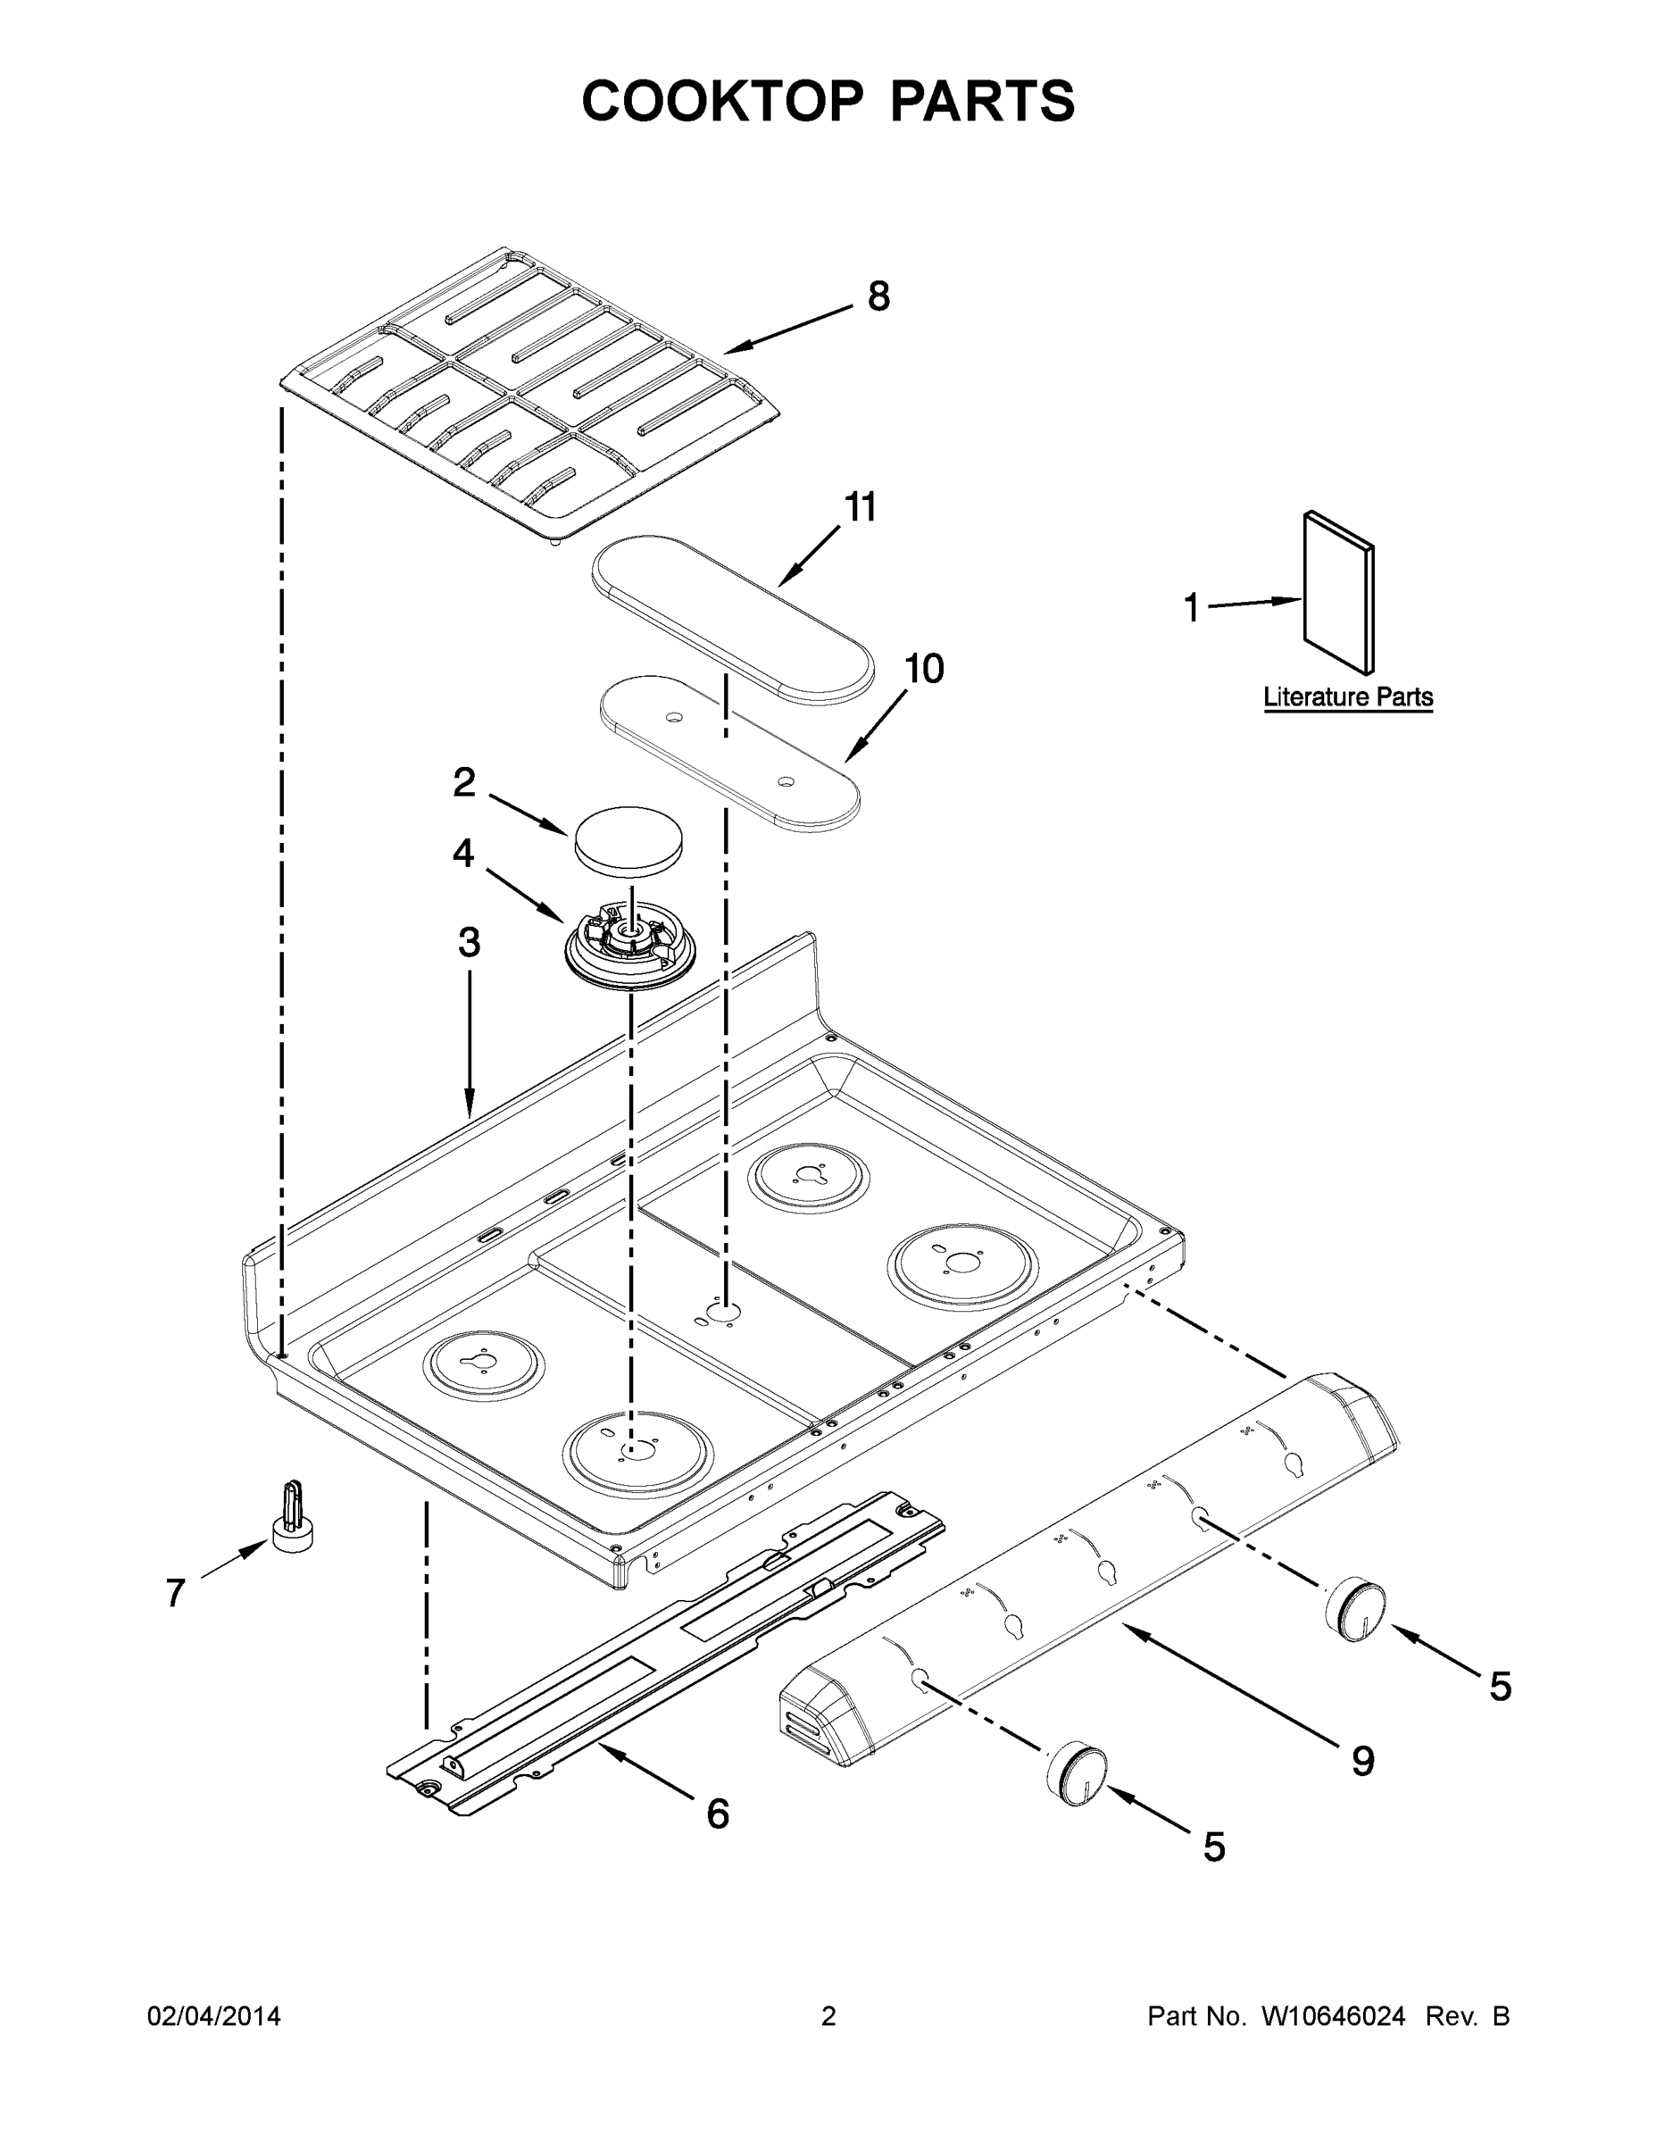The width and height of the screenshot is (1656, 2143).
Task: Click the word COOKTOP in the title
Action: [x=724, y=101]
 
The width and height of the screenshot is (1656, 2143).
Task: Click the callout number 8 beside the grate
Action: [x=878, y=296]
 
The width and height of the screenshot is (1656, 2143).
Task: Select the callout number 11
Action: [x=861, y=508]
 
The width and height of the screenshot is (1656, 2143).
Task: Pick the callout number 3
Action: [x=469, y=943]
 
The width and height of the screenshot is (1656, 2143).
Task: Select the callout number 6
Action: [x=718, y=1815]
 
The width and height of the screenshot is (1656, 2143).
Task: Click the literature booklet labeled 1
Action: [x=1338, y=594]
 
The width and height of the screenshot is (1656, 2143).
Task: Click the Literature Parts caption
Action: [x=1348, y=697]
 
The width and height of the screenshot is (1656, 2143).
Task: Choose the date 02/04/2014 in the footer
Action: [x=214, y=2016]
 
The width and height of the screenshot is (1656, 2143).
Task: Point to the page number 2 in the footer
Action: [x=828, y=2016]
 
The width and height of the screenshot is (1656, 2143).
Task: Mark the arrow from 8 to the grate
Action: [x=790, y=329]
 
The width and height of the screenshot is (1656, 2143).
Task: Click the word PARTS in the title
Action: [x=982, y=101]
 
